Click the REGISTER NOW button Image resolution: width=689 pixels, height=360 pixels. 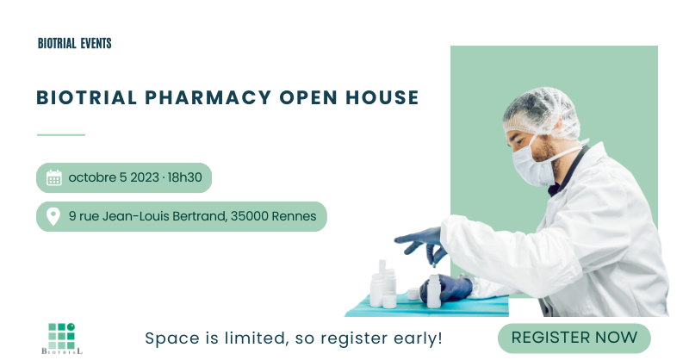(x=574, y=338)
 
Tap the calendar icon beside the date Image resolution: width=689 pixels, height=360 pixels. (x=54, y=178)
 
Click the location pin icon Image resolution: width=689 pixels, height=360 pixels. (x=53, y=216)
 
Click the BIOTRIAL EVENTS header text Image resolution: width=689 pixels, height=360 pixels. (x=75, y=43)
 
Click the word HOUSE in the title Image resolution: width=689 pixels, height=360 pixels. (x=384, y=97)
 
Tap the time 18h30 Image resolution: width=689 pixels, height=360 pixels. (x=184, y=178)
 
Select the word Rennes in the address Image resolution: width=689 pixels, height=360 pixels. (x=294, y=216)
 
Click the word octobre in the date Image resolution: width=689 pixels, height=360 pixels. (x=91, y=178)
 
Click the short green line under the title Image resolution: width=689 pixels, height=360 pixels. (x=61, y=135)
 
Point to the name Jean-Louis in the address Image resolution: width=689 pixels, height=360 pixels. (x=134, y=216)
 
